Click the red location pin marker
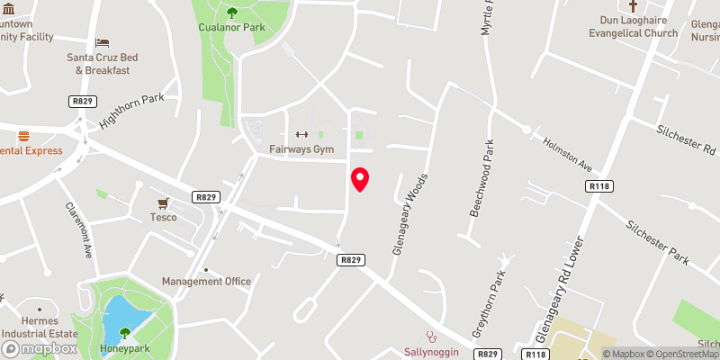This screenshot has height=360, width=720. [x=360, y=180]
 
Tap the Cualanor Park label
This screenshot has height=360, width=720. [x=232, y=27]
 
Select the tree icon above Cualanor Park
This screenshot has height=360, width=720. [x=232, y=12]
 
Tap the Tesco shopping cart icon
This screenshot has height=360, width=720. [x=163, y=202]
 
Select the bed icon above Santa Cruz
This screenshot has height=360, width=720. [x=102, y=42]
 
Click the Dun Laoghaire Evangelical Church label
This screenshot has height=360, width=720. [x=645, y=26]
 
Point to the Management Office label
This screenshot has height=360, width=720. [x=206, y=282]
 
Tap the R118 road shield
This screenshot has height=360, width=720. [x=598, y=186]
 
